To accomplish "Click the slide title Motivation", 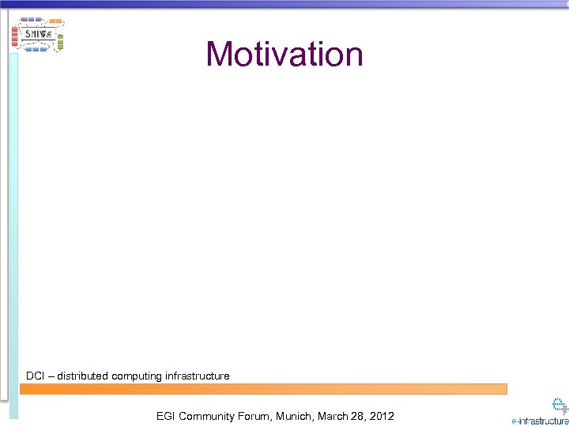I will click(x=284, y=55).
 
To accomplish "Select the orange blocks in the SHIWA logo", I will click(x=55, y=20).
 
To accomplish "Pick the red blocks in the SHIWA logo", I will click(x=14, y=35).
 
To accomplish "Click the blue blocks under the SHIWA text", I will click(x=37, y=49).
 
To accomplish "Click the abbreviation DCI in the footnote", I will click(x=35, y=376).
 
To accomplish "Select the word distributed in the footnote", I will click(x=82, y=376).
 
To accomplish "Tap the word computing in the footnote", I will click(x=137, y=376).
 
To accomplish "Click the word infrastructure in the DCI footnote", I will click(x=197, y=376).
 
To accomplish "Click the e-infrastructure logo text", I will click(x=540, y=421).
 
